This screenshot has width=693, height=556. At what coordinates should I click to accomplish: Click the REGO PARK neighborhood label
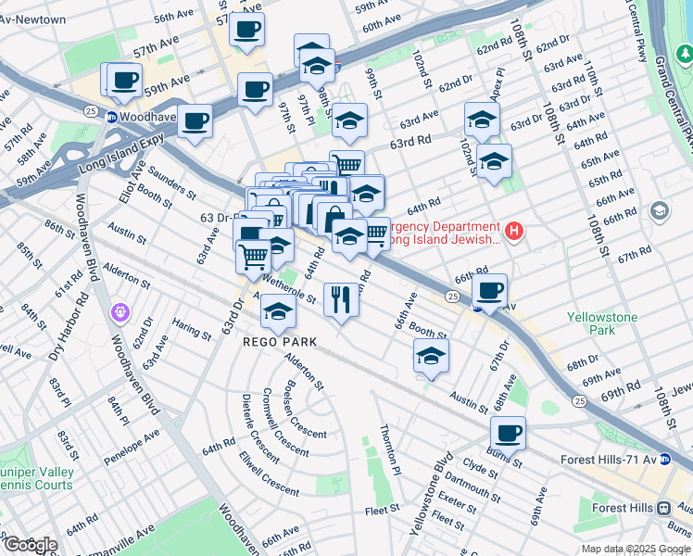point(280,342)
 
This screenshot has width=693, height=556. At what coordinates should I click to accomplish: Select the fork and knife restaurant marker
point(341,298)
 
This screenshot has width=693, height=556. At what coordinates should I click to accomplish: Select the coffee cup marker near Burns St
point(507,432)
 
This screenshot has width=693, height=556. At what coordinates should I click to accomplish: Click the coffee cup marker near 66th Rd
point(489,289)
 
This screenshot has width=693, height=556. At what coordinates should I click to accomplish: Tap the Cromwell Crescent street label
point(284,422)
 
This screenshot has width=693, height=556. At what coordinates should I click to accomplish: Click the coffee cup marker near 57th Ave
point(246,29)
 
